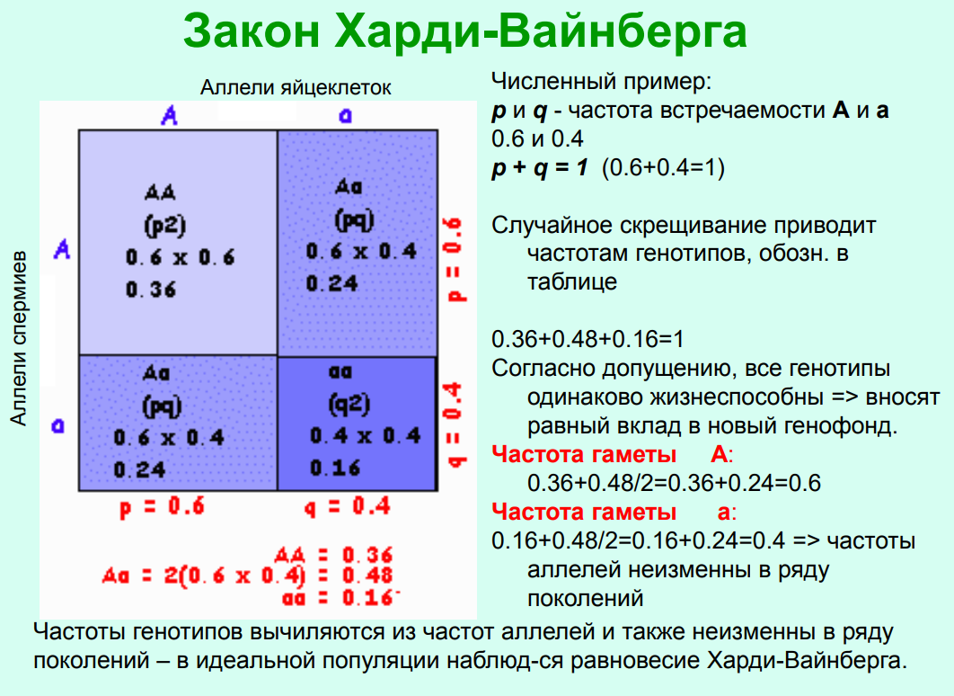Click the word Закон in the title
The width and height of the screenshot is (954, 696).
[x=251, y=31]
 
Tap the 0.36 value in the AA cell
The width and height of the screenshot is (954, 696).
[x=151, y=290]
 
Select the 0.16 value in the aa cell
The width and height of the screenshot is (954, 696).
[x=335, y=468]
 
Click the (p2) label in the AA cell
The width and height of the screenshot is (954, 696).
[x=165, y=226]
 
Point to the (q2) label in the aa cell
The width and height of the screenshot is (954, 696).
[x=349, y=405]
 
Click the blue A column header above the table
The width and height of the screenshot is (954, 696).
[x=169, y=115]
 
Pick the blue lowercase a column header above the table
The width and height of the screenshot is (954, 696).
[x=345, y=115]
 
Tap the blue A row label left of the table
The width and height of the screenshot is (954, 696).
[x=62, y=249]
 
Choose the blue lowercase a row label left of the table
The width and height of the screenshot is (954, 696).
[x=57, y=425]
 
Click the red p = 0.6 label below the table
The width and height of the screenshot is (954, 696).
[x=162, y=506]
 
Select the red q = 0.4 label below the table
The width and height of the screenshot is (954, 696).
[x=347, y=506]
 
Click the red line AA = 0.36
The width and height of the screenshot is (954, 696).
[x=333, y=555]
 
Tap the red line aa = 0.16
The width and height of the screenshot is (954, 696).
[x=339, y=598]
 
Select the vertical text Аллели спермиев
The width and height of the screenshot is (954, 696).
[x=19, y=337]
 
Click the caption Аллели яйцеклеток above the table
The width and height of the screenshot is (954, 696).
[x=296, y=88]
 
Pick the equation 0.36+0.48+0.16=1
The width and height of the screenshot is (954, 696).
[x=587, y=339]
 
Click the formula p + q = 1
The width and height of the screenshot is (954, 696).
[x=540, y=167]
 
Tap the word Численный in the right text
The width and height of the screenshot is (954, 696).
[x=543, y=81]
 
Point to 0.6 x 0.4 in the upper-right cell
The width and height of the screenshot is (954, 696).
[x=361, y=252]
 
